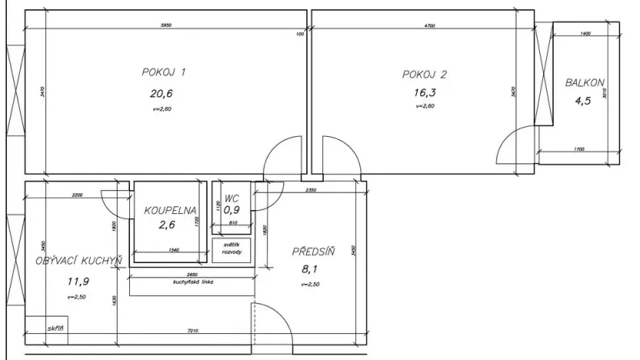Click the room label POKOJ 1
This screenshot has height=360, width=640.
(x=164, y=73)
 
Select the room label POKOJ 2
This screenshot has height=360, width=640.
(x=424, y=75)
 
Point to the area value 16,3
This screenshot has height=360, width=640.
(x=424, y=93)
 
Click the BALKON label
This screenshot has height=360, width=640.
(x=585, y=82)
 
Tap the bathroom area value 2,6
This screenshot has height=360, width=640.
(x=168, y=225)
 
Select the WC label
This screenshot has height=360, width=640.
(x=232, y=198)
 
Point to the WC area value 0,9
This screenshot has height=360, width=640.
(x=232, y=208)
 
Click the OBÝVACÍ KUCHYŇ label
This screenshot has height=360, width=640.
(x=78, y=262)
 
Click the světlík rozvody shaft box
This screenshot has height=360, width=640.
(x=232, y=250)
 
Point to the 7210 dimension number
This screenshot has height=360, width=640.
(x=193, y=331)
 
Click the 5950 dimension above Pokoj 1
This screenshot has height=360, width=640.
(x=165, y=26)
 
